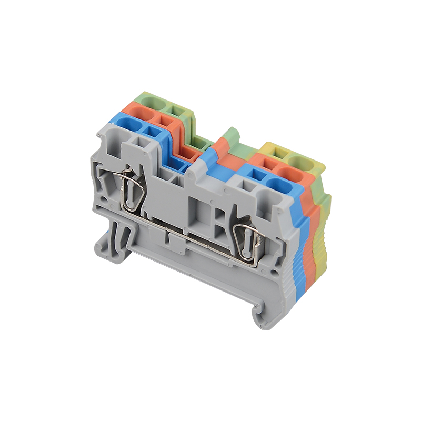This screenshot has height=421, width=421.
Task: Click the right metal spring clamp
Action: (x=247, y=239)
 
